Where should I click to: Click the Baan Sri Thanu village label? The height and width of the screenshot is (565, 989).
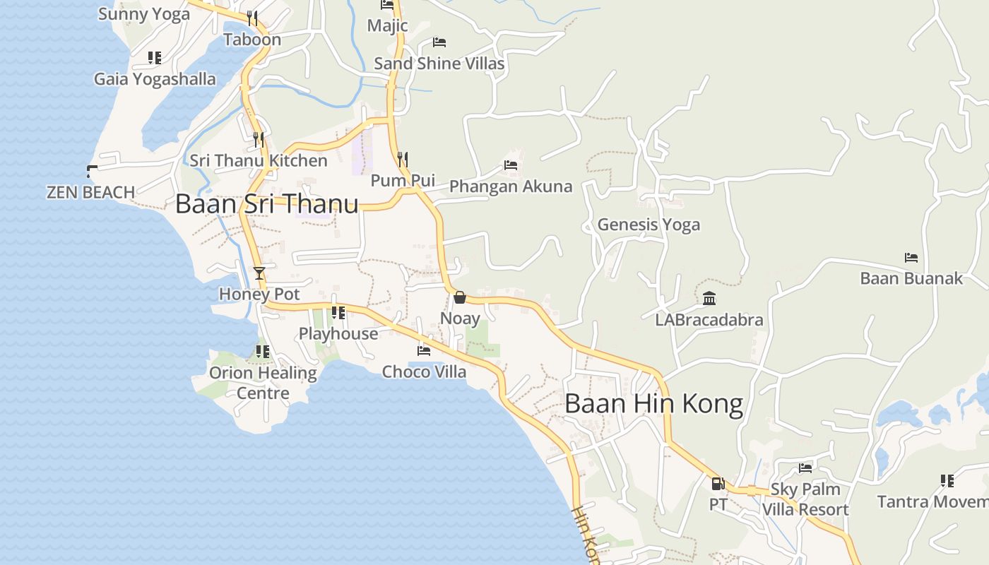[x=266, y=203]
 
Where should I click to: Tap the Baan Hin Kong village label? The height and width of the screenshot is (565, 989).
[x=653, y=404]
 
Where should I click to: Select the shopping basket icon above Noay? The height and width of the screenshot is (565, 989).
[x=459, y=297]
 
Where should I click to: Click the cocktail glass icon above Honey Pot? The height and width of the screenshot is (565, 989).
[x=259, y=273]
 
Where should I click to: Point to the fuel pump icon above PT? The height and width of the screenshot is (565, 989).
[x=718, y=484]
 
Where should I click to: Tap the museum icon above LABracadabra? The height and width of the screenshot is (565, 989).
[x=709, y=299]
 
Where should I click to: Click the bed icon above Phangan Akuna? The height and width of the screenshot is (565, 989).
[x=511, y=166]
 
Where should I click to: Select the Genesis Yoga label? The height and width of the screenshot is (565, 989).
[x=649, y=225]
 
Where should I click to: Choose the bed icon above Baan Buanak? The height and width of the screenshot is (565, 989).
[x=911, y=258]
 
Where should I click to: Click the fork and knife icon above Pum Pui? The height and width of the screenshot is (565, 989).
[x=403, y=159]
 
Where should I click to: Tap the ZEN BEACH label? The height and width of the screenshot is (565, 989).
[x=90, y=192]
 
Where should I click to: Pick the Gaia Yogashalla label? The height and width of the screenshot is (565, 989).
[x=155, y=78]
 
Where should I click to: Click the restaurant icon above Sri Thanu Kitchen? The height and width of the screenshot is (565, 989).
[x=259, y=139]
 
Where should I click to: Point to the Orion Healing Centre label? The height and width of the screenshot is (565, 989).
[x=263, y=383]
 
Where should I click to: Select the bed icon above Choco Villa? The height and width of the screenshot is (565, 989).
[x=424, y=350]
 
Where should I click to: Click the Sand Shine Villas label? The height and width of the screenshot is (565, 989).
[x=439, y=64]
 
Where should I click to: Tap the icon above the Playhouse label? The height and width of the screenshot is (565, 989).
[x=338, y=312]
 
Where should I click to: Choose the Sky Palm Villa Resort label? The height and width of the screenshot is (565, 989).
[x=805, y=499]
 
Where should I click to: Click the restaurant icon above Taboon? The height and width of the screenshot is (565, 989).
[x=252, y=18]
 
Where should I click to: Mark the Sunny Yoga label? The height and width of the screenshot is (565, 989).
[x=144, y=14]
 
